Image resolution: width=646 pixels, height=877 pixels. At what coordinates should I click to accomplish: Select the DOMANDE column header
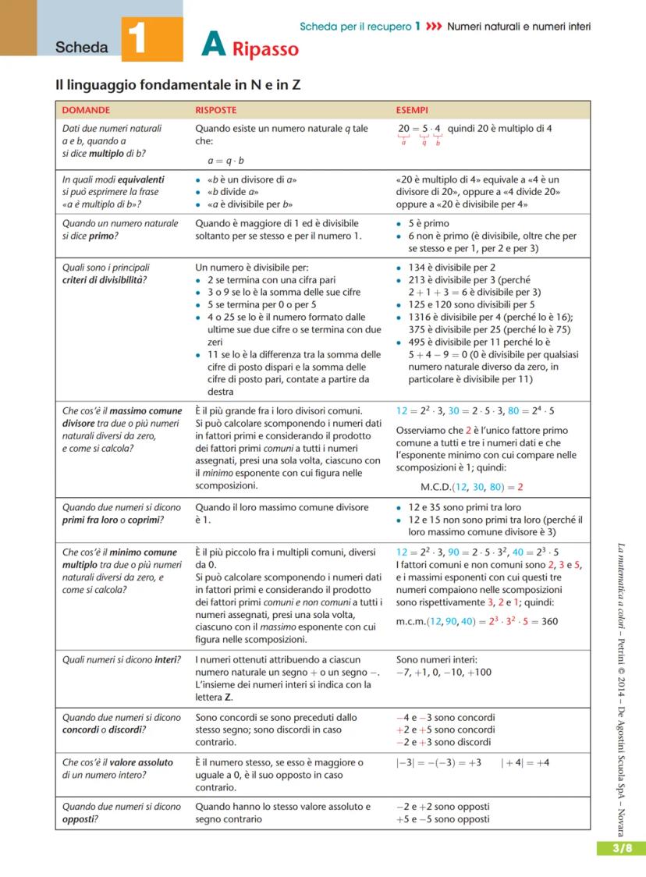click(86, 111)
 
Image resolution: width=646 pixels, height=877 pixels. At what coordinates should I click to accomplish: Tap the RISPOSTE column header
click(216, 111)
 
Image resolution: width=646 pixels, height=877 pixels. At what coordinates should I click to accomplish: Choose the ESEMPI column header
click(412, 111)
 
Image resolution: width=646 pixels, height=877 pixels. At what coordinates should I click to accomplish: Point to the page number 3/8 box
click(622, 849)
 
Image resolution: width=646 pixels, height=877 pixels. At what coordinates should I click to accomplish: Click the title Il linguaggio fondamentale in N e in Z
click(178, 85)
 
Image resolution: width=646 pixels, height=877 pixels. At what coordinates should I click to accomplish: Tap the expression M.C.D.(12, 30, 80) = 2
click(471, 487)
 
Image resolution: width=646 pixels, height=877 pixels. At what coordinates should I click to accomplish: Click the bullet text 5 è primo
click(428, 223)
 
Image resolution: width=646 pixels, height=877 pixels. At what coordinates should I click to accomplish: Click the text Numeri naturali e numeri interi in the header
click(519, 27)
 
